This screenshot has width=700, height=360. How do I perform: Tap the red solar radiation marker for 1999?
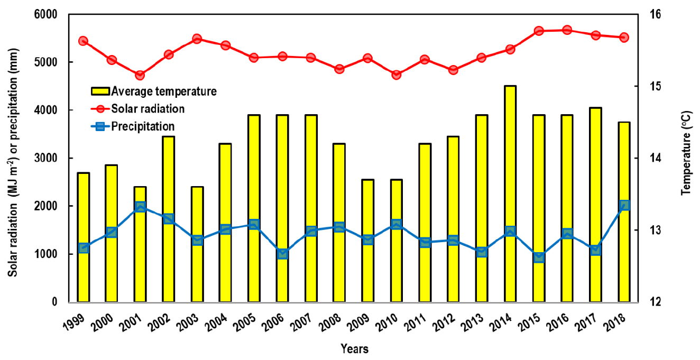(x=83, y=41)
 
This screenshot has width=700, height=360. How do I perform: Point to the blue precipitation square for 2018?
(x=624, y=205)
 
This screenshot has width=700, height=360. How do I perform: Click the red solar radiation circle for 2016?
(x=567, y=30)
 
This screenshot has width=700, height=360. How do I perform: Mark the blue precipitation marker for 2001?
(x=140, y=207)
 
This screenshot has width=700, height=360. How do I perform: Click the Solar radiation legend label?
(x=148, y=109)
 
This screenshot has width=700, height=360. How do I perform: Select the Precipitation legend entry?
(x=142, y=126)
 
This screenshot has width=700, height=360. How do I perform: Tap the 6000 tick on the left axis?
(x=47, y=14)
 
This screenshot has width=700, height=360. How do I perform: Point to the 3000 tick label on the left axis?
(x=47, y=158)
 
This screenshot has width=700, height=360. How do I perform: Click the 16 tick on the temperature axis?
(x=649, y=14)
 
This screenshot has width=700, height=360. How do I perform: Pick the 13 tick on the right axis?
(x=649, y=230)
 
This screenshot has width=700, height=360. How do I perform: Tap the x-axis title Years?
(x=354, y=349)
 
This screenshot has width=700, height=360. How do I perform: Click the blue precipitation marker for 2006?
(x=282, y=254)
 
